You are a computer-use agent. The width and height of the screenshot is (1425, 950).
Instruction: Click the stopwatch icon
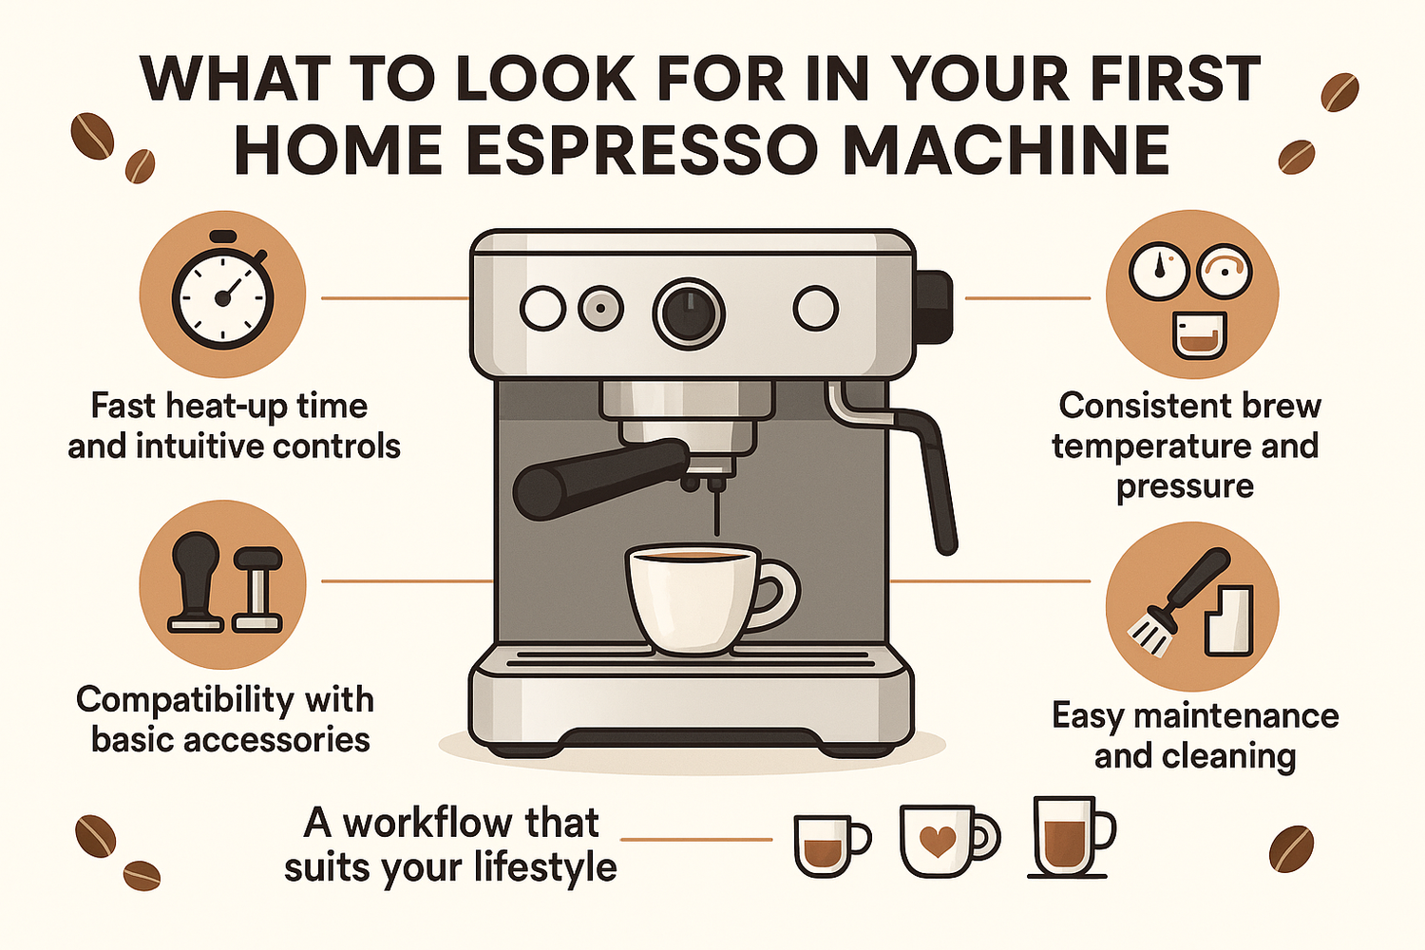tap(222, 295)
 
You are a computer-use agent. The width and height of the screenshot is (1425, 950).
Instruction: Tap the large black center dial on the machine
tap(689, 313)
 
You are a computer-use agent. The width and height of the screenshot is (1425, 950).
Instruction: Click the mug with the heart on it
tap(940, 842)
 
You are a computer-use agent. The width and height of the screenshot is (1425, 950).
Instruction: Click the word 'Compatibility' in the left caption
tap(171, 700)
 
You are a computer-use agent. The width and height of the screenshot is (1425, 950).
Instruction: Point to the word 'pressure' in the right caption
tap(1185, 486)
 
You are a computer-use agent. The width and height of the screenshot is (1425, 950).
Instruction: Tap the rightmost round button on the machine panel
tap(815, 309)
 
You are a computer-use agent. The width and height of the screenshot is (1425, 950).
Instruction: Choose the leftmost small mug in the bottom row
tap(826, 844)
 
